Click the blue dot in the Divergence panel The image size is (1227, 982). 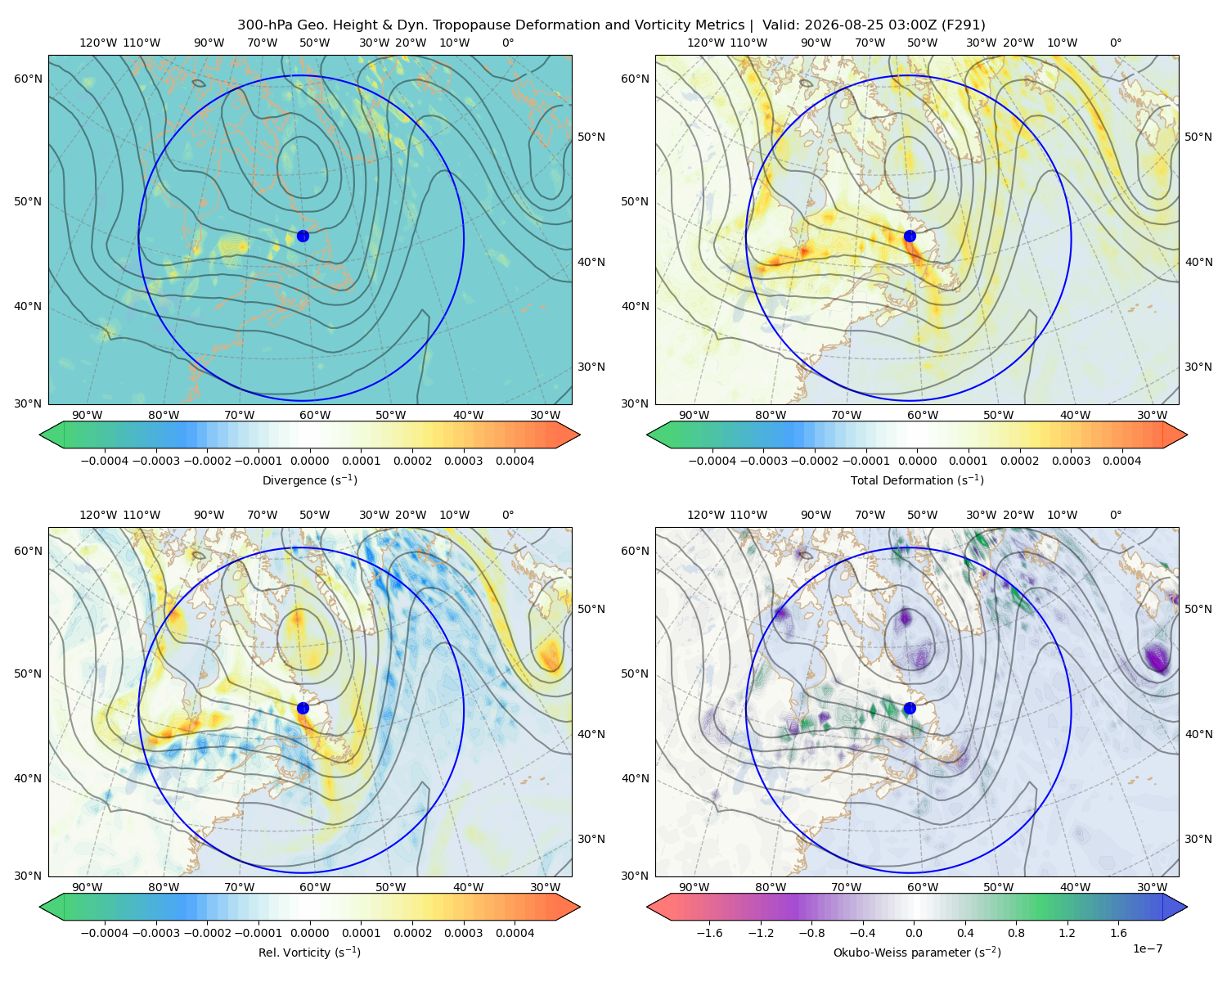click(303, 236)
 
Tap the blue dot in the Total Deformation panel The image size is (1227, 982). click(910, 236)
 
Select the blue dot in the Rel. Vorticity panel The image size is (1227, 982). click(303, 708)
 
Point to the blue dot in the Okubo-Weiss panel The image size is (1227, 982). click(910, 708)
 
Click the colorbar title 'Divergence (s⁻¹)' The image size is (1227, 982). click(309, 480)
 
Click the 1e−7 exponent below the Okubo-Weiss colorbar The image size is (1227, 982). click(1147, 948)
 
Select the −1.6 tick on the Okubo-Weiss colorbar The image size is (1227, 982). click(709, 932)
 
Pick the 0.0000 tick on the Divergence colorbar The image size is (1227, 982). click(309, 461)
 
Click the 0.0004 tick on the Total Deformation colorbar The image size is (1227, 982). click(1121, 461)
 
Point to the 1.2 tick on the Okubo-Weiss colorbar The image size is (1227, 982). click(1067, 932)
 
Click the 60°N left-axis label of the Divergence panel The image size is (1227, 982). click(28, 79)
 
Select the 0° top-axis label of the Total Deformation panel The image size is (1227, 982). click(1115, 43)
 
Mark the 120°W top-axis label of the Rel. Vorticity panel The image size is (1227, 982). click(98, 514)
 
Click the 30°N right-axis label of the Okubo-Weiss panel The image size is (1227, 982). click(1198, 838)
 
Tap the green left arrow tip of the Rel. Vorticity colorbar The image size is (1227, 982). click(40, 907)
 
